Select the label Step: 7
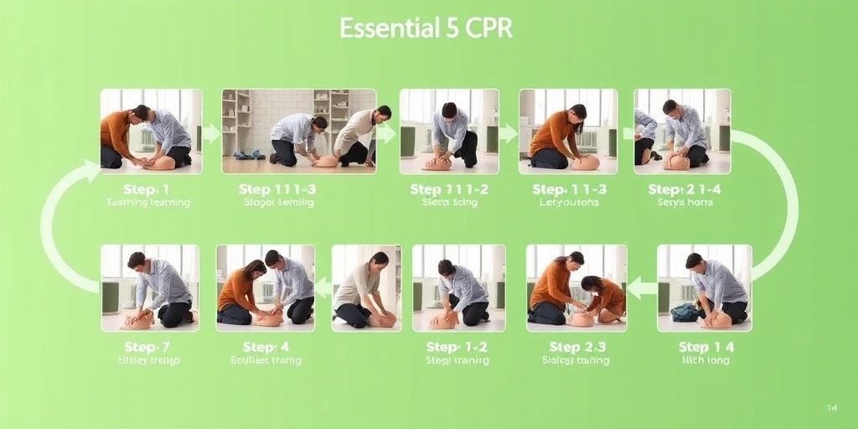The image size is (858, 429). [147, 347]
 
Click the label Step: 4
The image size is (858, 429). [266, 347]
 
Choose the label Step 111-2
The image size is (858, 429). [449, 189]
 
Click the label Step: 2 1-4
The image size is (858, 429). [685, 189]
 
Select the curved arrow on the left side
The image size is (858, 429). [63, 226]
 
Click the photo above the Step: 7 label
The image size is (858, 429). [149, 287]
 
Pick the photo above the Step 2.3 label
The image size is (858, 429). [576, 287]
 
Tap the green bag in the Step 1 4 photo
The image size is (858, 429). [684, 313]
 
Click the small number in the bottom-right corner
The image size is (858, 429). [831, 408]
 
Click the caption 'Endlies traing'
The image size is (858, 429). [266, 361]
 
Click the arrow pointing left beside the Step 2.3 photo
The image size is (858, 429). [641, 287]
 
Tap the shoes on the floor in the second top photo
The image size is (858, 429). [249, 155]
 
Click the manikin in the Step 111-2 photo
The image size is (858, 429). [437, 163]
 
